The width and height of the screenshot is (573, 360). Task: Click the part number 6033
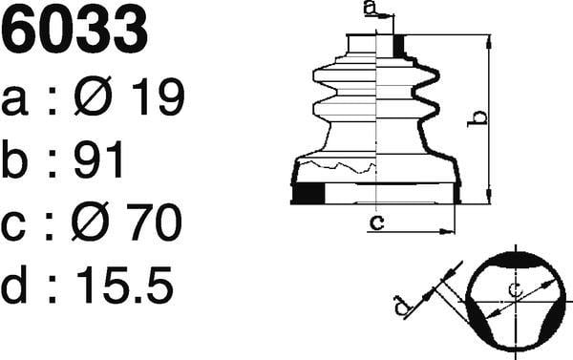pyautogui.click(x=74, y=30)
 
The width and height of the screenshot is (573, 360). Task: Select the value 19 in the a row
pyautogui.click(x=158, y=96)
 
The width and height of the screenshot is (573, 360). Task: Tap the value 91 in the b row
pyautogui.click(x=98, y=159)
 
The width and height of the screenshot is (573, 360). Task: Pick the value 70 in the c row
pyautogui.click(x=154, y=222)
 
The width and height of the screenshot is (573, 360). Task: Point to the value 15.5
pyautogui.click(x=124, y=285)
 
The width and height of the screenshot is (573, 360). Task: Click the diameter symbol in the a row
pyautogui.click(x=93, y=95)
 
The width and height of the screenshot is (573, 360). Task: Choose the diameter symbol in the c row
pyautogui.click(x=90, y=222)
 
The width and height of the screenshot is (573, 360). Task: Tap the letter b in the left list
pyautogui.click(x=14, y=159)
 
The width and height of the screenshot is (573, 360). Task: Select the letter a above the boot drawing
pyautogui.click(x=371, y=8)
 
